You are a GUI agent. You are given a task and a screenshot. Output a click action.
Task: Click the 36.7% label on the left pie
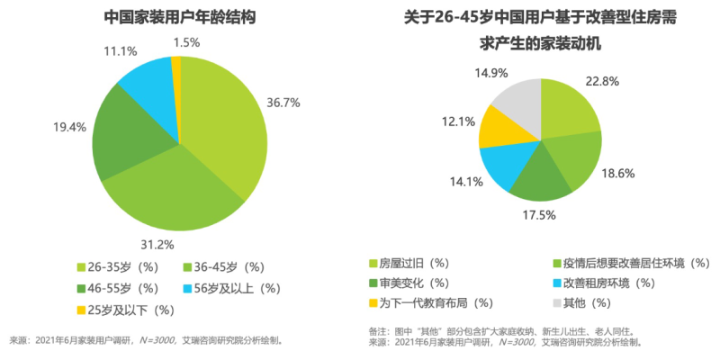(x=285, y=102)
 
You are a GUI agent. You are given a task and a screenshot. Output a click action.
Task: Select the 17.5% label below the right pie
(x=537, y=215)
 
